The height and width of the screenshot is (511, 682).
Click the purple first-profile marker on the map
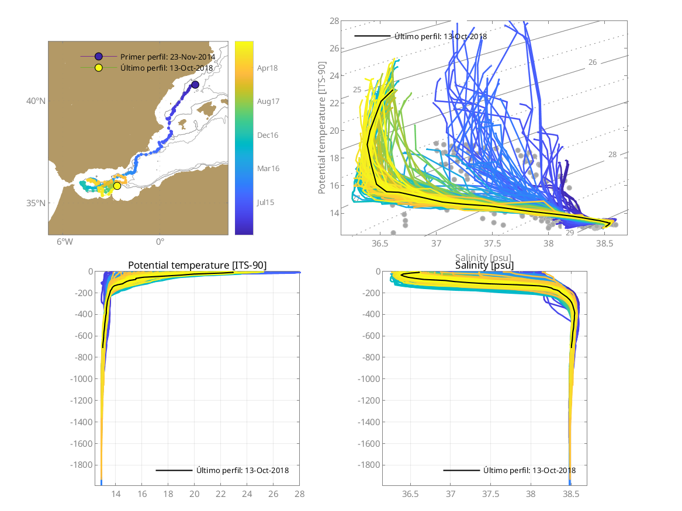point(195,85)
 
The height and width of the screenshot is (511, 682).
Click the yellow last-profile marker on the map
point(117,186)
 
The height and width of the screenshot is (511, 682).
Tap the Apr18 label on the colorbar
point(268,68)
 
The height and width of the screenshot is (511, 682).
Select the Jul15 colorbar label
point(267,202)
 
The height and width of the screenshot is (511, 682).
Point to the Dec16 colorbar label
point(268,135)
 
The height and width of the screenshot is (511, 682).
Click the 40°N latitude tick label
point(36,101)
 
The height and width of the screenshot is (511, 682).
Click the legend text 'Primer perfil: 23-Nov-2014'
point(168,57)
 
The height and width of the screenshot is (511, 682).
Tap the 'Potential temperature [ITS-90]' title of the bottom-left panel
point(197,266)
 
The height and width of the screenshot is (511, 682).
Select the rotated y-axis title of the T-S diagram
point(322,130)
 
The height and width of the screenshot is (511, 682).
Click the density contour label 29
point(570,232)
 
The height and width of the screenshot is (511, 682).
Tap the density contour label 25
point(356,89)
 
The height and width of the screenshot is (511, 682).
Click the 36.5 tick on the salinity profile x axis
point(411,494)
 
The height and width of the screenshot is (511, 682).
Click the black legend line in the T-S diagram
point(372,36)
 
